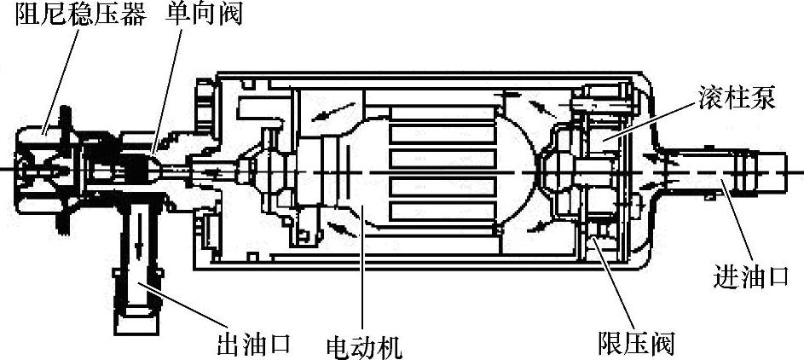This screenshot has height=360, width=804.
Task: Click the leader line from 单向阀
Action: point(167,94)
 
